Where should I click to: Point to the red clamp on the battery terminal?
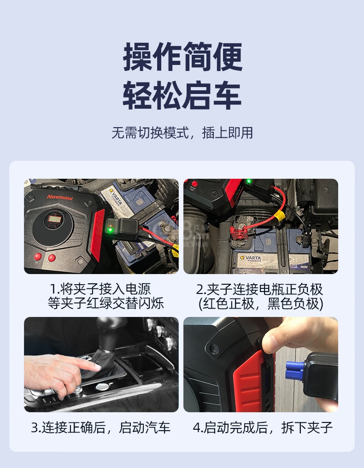click(x=238, y=232)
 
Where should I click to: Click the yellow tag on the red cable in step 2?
click(x=279, y=215)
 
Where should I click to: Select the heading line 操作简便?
click(x=182, y=57)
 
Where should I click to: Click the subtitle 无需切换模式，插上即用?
click(x=182, y=133)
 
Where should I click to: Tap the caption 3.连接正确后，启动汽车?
click(x=101, y=427)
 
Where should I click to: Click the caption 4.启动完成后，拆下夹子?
click(x=263, y=427)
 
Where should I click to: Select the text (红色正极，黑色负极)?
click(x=261, y=304)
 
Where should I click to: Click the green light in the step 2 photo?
click(x=247, y=181)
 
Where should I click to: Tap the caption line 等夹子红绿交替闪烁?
click(x=106, y=303)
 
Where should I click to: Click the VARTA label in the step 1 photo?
click(x=116, y=197)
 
